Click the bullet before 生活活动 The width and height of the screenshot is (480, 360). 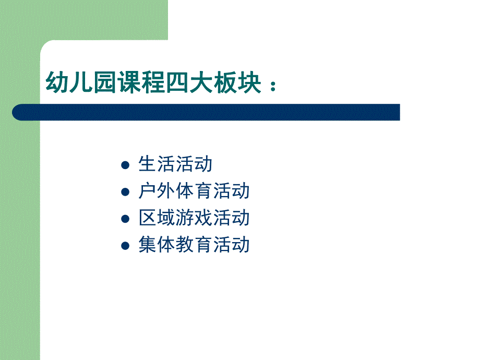click(125, 165)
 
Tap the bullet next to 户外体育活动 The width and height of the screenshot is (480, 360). click(125, 192)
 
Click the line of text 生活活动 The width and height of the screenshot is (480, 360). click(175, 164)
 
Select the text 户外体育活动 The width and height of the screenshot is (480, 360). click(194, 191)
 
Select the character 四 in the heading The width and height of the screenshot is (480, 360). click(177, 82)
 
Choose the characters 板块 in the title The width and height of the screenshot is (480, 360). click(237, 82)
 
